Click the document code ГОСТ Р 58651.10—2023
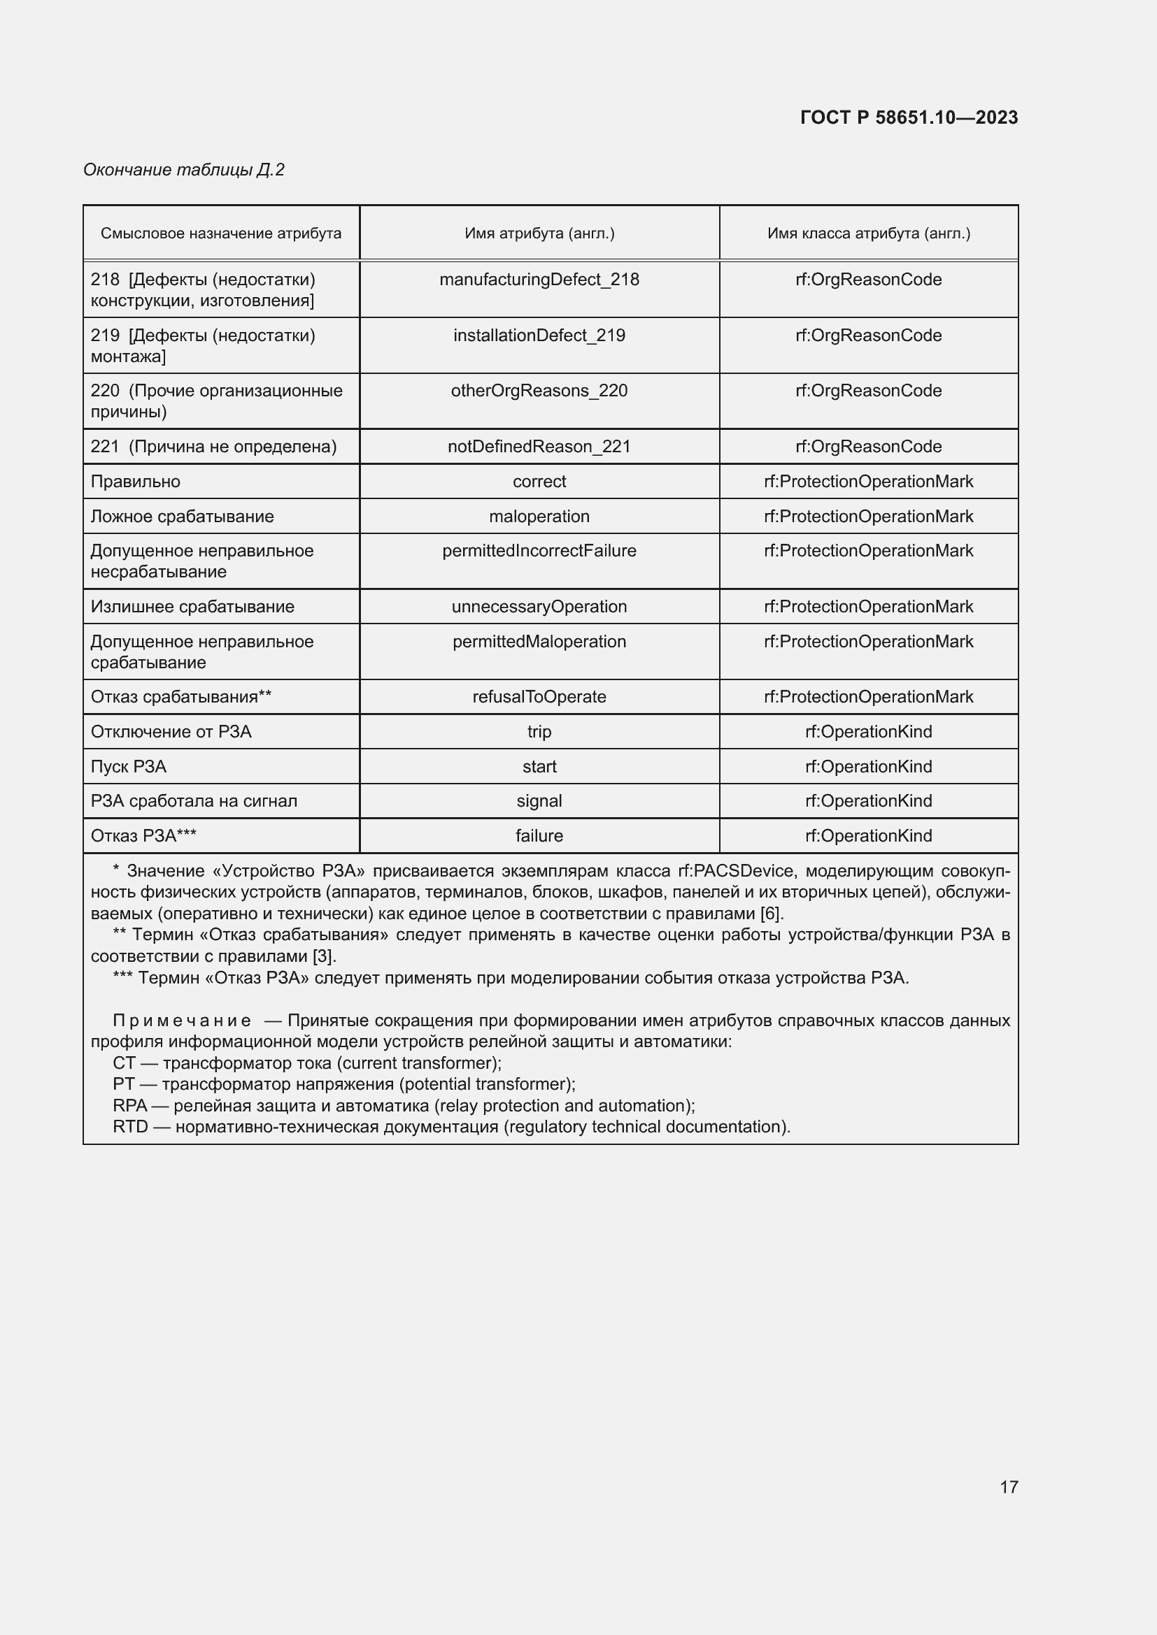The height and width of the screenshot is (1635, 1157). point(909,117)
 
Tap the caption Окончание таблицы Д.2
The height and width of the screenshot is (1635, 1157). point(184,169)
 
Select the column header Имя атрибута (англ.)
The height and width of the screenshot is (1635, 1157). point(539,233)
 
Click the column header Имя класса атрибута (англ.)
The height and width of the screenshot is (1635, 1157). point(869,233)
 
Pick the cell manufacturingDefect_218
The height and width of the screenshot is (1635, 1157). point(539,280)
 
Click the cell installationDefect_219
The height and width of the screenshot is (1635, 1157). point(539,336)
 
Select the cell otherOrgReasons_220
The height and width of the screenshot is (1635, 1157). point(539,391)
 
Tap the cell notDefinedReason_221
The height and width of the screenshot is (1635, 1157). point(539,447)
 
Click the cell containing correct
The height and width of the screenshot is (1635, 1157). point(539,482)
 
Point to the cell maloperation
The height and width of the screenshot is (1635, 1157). point(539,517)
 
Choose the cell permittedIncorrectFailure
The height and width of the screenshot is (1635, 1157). point(539,551)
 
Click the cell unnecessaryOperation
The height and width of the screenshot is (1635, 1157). point(539,607)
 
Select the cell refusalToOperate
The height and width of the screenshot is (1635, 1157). point(539,697)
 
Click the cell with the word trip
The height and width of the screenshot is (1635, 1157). point(539,732)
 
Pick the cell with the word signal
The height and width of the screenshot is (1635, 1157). point(539,801)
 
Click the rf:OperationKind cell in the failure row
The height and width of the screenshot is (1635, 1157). point(869,836)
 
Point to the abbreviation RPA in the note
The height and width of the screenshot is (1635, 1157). point(129,1106)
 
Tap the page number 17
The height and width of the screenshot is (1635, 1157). point(1009,1487)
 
